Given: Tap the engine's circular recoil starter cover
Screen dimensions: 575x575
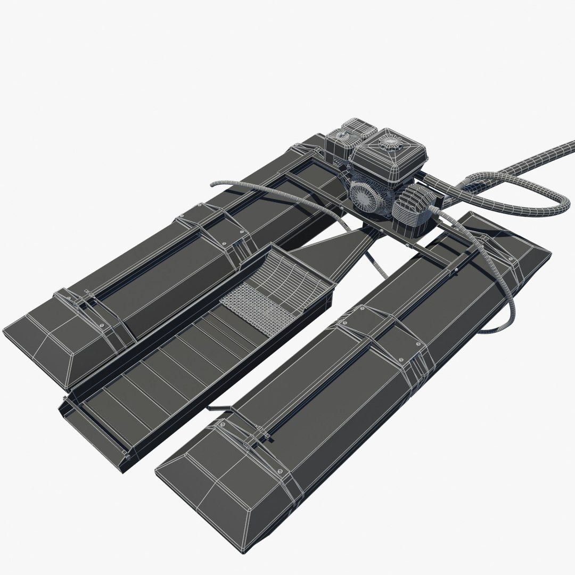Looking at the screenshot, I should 366,197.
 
